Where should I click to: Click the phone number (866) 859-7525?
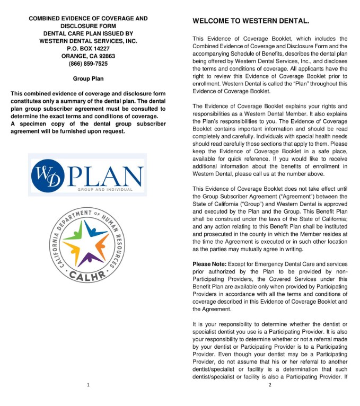pos(88,64)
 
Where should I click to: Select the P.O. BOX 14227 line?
pos(88,48)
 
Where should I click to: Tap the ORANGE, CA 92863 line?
pos(88,56)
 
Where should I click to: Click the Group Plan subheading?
pos(88,79)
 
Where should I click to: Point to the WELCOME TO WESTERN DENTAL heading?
pos(250,21)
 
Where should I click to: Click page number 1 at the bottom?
pos(88,385)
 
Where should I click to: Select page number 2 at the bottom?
pos(270,385)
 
